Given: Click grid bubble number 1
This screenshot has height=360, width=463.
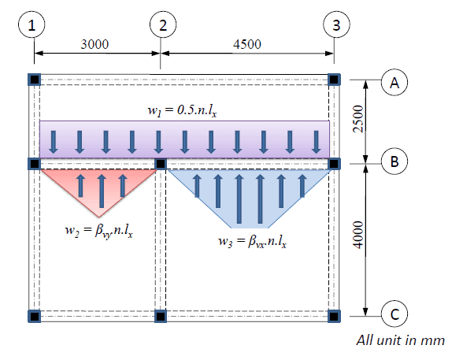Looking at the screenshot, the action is point(31,24).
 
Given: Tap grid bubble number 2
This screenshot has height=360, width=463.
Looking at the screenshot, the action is point(163,24).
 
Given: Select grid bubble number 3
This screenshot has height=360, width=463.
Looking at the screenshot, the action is point(337,24).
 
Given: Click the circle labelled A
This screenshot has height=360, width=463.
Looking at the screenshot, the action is point(394,83).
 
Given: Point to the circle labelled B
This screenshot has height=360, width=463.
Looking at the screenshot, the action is point(394,161).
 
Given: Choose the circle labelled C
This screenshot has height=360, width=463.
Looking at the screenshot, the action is point(394,314).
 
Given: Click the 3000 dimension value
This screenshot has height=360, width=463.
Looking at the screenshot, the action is point(94,44).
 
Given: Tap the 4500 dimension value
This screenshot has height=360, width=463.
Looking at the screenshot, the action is point(247,44).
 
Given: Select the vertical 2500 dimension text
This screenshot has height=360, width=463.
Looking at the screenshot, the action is point(358,119).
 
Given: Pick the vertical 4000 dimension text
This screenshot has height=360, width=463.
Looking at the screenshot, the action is point(358,235).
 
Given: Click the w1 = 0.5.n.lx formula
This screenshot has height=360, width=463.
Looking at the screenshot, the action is point(183,111).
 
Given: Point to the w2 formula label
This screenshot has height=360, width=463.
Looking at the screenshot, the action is point(99,231).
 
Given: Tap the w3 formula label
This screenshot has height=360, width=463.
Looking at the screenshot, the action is point(253,242).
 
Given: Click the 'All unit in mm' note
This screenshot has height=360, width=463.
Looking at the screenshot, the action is point(400,340).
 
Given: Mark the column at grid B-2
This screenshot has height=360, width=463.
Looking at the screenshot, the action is point(161,164).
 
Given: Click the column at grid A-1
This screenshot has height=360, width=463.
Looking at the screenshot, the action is point(35,80).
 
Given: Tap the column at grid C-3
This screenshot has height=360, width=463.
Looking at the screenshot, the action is point(334,316).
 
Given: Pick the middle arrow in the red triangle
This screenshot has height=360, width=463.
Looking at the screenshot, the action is point(102,191).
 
